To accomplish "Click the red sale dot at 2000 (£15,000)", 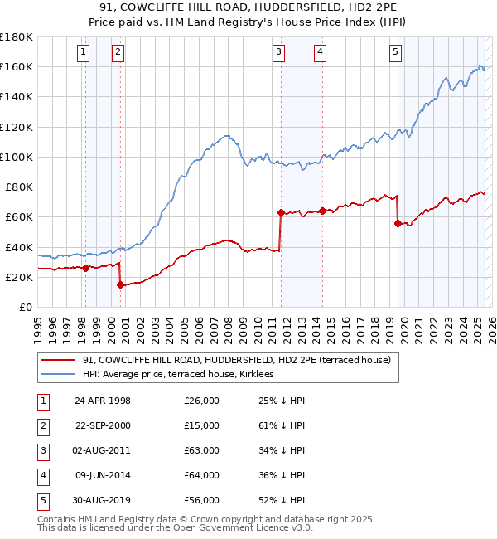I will [x=121, y=285].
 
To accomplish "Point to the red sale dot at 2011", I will [x=281, y=212].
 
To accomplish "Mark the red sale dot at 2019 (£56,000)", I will [x=398, y=223].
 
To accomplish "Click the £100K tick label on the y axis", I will [x=17, y=157].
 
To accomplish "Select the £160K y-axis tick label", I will [x=17, y=66].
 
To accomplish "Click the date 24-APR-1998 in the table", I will [x=103, y=401].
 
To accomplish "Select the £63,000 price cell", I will [x=202, y=450].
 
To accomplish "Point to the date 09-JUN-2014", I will [x=103, y=475].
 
